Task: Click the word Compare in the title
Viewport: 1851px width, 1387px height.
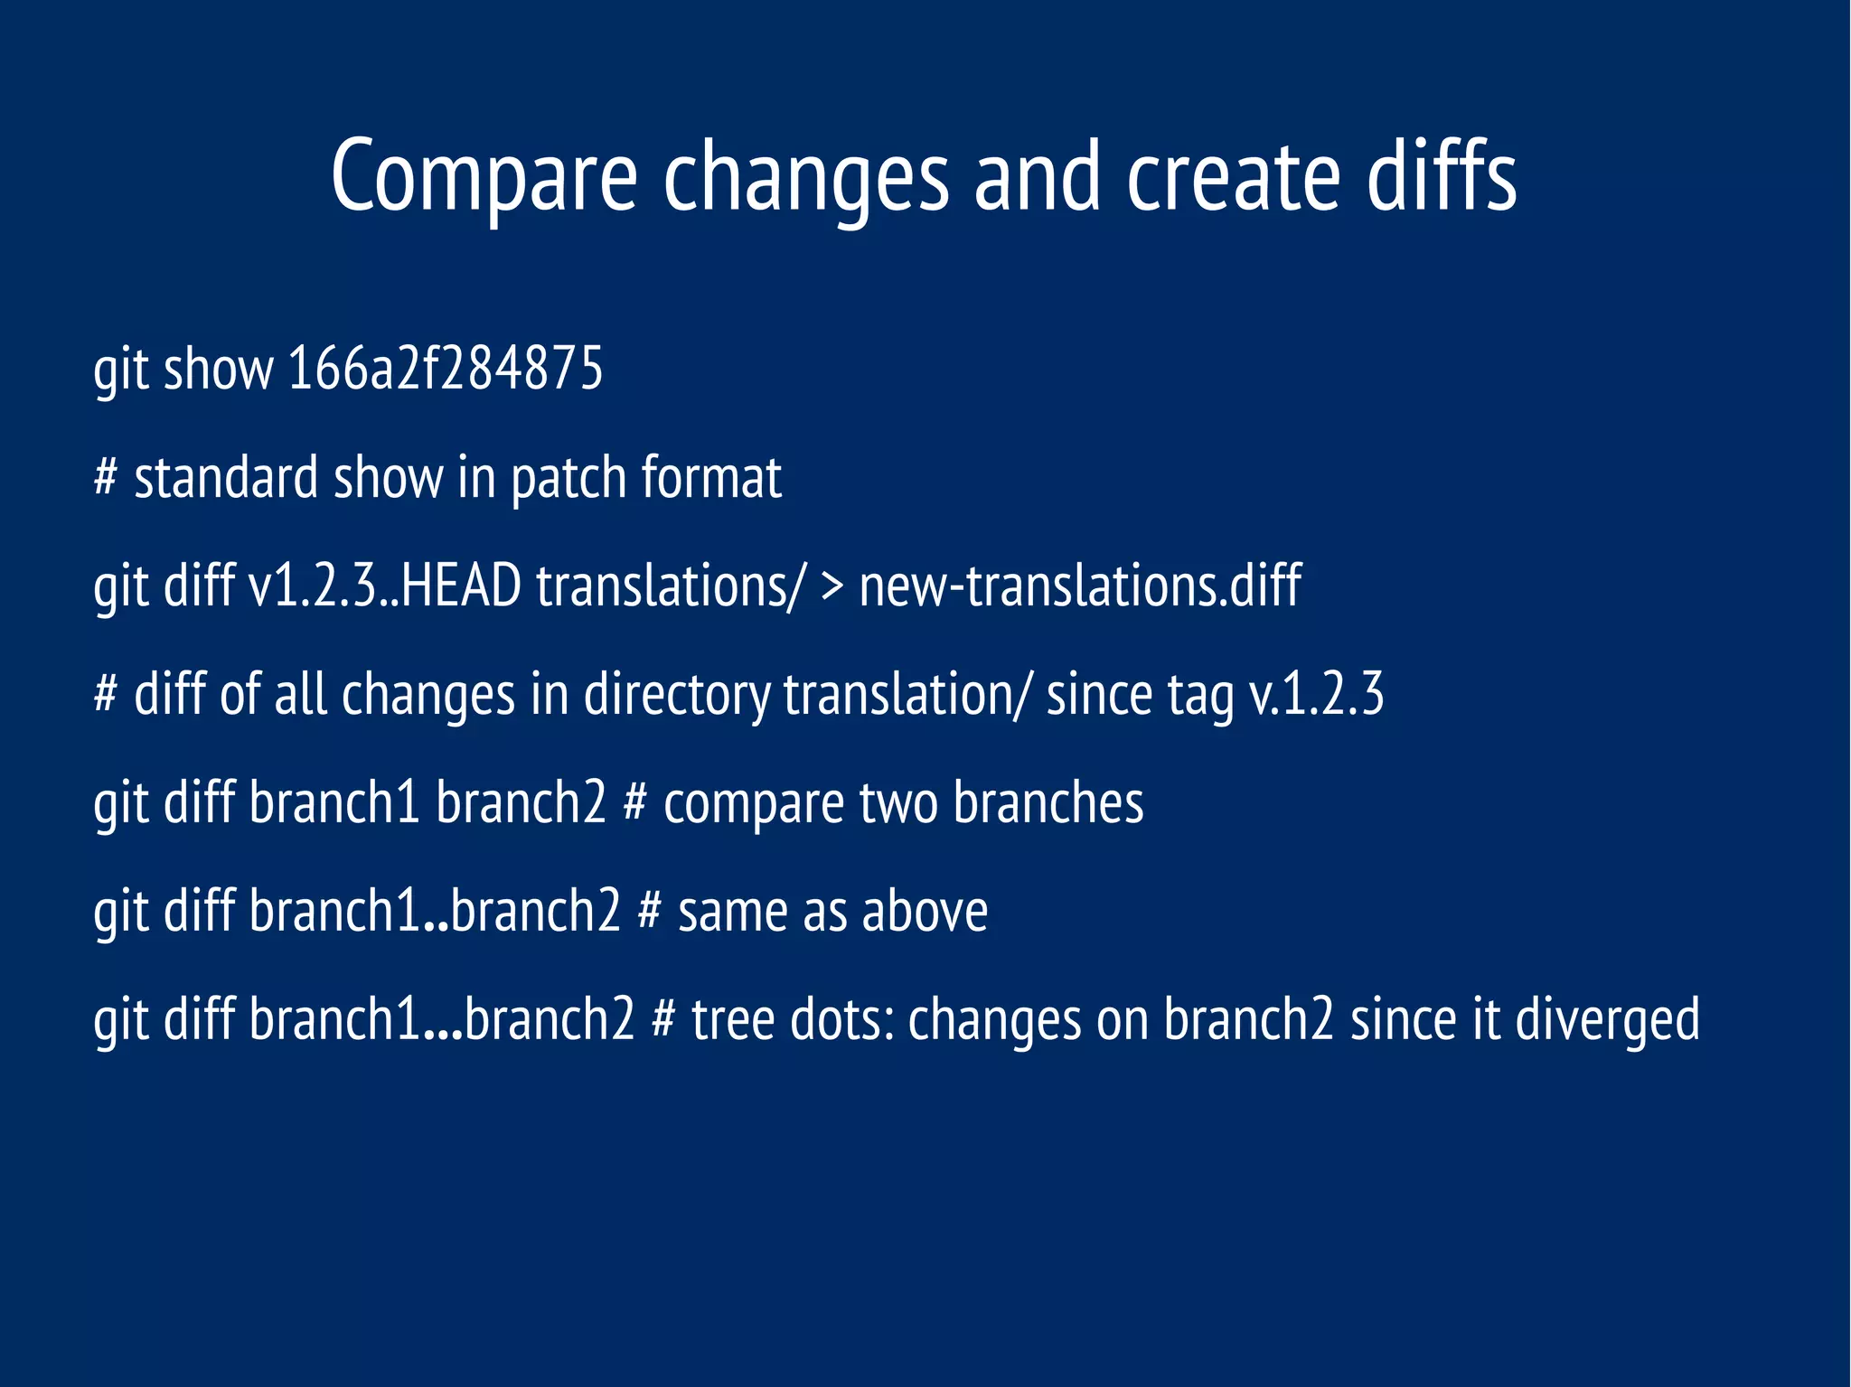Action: click(484, 177)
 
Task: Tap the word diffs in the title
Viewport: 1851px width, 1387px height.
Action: click(1441, 177)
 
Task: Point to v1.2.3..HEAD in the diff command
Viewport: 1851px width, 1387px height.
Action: click(384, 586)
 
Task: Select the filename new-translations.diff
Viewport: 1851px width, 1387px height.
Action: click(1080, 586)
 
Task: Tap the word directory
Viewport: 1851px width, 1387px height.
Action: click(677, 696)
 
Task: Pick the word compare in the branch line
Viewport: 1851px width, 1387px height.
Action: click(754, 804)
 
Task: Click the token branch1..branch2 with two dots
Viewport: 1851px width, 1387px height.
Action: click(435, 911)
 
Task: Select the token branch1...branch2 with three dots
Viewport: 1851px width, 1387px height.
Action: click(442, 1019)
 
